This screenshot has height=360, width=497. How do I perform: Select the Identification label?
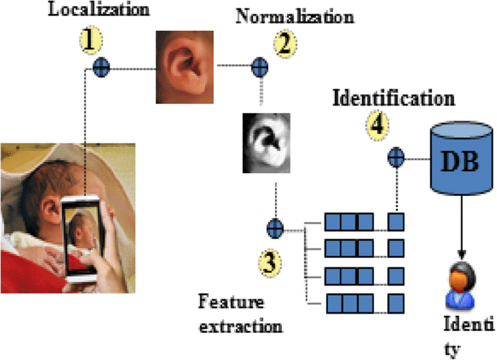tap(393, 97)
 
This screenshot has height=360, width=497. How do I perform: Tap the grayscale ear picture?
tap(268, 143)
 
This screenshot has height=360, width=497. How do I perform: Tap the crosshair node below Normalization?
tap(260, 68)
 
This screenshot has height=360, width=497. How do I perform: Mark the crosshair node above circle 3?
tap(275, 226)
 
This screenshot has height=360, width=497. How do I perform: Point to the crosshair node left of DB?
tap(396, 158)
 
